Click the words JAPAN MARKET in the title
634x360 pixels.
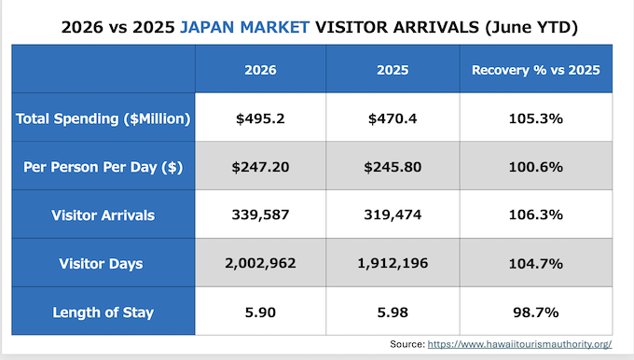[x=244, y=27]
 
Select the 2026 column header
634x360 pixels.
[x=260, y=70]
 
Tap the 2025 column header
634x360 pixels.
[x=393, y=70]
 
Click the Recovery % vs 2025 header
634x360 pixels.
[x=536, y=70]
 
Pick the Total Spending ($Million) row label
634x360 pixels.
[x=103, y=118]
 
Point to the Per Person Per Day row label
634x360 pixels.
[x=103, y=167]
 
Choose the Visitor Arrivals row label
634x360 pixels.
[x=103, y=215]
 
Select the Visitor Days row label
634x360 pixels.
[x=101, y=264]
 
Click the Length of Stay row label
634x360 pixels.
[x=103, y=312]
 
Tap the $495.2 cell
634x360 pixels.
[x=260, y=118]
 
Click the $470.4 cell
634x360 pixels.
[x=393, y=118]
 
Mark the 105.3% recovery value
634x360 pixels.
[x=536, y=118]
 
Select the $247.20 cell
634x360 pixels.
[x=260, y=167]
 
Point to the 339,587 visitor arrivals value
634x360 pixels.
[x=260, y=215]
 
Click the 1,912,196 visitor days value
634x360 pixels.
[x=393, y=263]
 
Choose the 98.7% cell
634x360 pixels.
[x=536, y=312]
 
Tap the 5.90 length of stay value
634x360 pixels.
[x=260, y=312]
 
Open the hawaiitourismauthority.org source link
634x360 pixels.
[x=519, y=344]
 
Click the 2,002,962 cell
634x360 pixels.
[x=260, y=263]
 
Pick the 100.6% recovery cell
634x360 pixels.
[x=536, y=167]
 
